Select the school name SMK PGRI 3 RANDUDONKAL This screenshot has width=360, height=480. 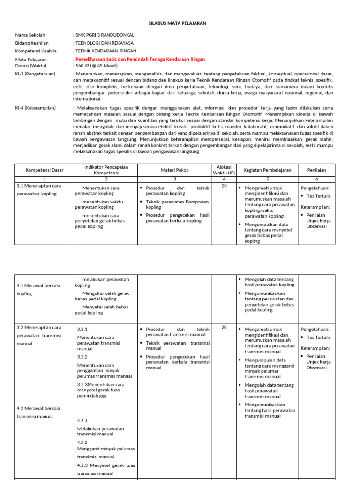105,35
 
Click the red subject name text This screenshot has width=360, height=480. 140,60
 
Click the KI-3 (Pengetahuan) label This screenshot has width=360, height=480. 35,74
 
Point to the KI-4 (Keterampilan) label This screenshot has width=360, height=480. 35,108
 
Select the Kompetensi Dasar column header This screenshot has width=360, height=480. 45,170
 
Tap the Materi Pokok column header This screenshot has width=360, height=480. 174,170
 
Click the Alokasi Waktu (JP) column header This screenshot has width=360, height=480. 224,170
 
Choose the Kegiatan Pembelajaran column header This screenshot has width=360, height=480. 267,170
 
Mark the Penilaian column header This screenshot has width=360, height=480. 317,170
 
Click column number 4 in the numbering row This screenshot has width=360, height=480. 224,179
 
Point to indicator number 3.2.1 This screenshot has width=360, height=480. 82,330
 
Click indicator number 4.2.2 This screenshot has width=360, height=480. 82,442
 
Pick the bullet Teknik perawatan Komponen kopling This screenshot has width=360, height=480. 177,204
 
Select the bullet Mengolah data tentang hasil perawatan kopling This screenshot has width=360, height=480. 269,282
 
